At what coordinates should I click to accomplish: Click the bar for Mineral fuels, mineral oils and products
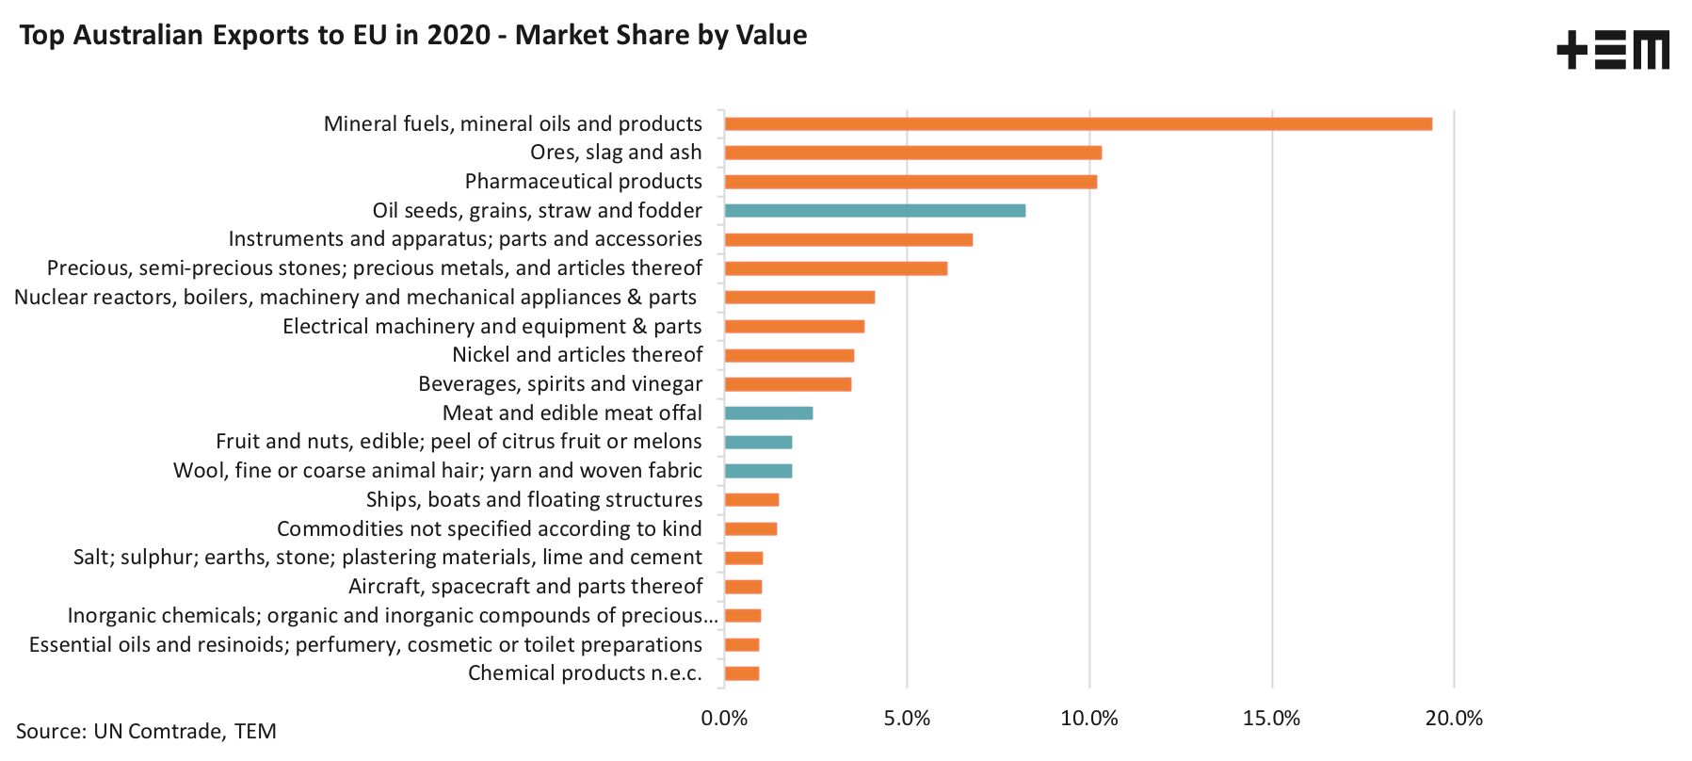click(x=1078, y=124)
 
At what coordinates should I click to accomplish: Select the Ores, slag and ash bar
click(x=912, y=153)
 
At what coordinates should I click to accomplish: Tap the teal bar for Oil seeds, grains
click(x=875, y=211)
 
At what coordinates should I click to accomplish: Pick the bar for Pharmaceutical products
click(x=910, y=182)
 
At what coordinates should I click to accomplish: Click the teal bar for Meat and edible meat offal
click(x=768, y=413)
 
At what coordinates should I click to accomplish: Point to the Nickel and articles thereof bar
click(x=789, y=356)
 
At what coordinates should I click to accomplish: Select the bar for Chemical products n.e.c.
click(x=742, y=673)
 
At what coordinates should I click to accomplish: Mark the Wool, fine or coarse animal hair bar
click(x=758, y=471)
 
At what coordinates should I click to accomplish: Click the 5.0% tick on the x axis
click(x=907, y=719)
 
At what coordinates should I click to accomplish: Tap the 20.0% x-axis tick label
click(x=1454, y=719)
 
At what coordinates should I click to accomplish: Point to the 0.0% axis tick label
click(x=724, y=719)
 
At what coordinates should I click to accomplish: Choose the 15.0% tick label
click(x=1271, y=719)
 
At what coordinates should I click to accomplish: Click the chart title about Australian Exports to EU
click(x=413, y=36)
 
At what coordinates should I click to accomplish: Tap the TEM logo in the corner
click(x=1612, y=50)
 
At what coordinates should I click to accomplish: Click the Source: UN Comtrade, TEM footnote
click(x=146, y=732)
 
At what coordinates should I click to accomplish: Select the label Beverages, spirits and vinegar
click(x=560, y=384)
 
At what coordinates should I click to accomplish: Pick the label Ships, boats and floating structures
click(x=534, y=500)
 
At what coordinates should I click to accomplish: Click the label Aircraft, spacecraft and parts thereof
click(x=525, y=587)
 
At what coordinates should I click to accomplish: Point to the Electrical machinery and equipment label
click(x=492, y=327)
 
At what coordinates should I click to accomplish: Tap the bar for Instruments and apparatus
click(x=848, y=240)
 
